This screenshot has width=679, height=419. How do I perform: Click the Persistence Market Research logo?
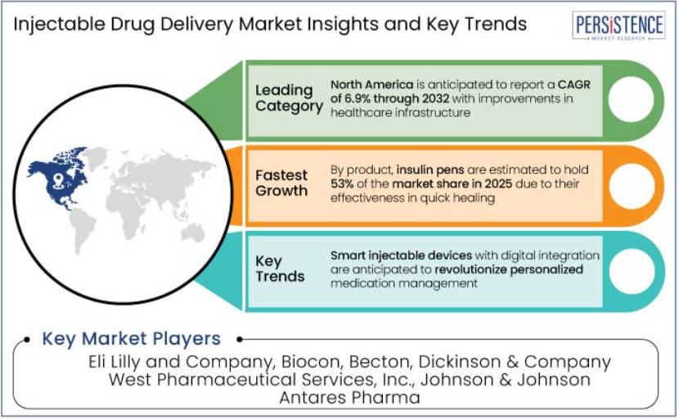pos(618,25)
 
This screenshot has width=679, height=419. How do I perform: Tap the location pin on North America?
pos(58,180)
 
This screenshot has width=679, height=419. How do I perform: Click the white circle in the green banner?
pos(631,99)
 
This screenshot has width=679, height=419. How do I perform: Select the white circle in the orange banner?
pos(632,186)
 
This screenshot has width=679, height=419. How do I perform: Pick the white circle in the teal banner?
pos(632,271)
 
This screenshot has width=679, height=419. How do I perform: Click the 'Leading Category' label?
pos(289,98)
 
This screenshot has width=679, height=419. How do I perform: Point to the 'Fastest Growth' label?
pos(281,182)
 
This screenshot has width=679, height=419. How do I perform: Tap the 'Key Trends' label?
pos(280,268)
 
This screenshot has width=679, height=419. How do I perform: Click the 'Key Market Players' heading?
pos(131,339)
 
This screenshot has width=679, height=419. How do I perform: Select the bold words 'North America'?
pos(371,84)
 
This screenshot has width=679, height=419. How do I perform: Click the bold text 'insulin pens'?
pos(430,170)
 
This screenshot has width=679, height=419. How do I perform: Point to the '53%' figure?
pos(342,183)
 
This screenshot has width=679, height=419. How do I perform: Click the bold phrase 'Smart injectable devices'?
pos(401,255)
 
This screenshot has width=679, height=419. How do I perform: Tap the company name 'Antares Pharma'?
pos(349,398)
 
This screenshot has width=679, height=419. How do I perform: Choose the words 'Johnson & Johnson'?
pos(506,380)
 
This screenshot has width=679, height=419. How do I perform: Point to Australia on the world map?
pos(193,233)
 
